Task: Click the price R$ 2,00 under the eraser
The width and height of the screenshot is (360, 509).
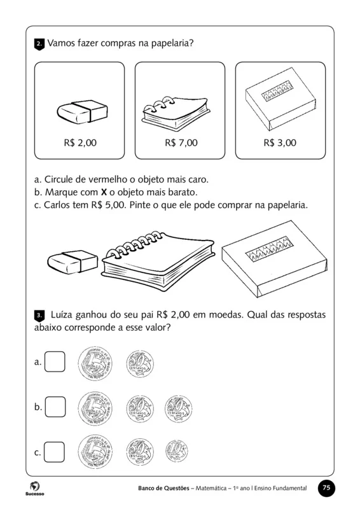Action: (x=80, y=143)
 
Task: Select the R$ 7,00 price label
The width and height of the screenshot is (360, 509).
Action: (x=181, y=143)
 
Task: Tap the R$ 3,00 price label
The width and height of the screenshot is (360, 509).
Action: (x=280, y=143)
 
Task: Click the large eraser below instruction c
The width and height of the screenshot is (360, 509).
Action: (x=72, y=261)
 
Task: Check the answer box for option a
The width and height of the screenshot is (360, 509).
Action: (x=55, y=362)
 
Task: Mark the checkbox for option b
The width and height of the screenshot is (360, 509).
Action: (x=55, y=407)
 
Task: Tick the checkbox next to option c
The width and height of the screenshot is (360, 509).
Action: (x=55, y=452)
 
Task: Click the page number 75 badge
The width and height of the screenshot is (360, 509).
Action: (x=326, y=488)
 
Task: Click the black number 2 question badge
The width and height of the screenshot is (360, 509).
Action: (x=39, y=44)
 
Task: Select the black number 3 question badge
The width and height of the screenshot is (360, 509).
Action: (x=39, y=315)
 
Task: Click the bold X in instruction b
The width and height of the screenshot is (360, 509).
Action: (x=104, y=192)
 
